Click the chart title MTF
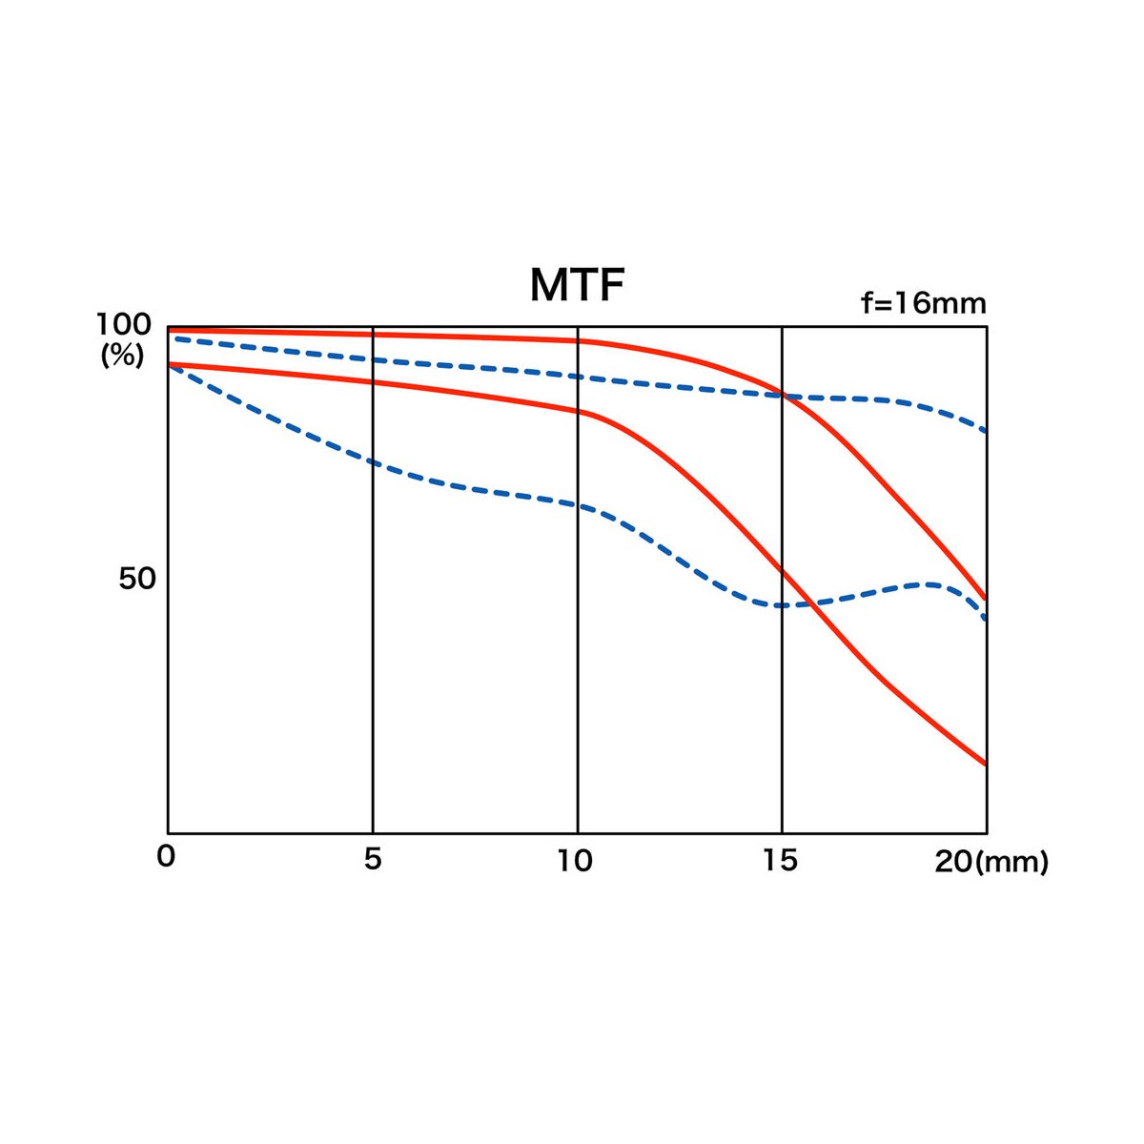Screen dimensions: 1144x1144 (x=577, y=285)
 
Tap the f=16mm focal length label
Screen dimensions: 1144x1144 (x=923, y=303)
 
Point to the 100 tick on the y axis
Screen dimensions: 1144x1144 (x=123, y=326)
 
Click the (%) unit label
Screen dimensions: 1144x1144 (x=123, y=356)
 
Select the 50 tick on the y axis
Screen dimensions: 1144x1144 (x=136, y=579)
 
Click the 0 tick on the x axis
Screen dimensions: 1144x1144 (x=166, y=856)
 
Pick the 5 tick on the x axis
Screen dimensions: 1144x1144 (x=372, y=859)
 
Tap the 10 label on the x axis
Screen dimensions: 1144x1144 (x=575, y=861)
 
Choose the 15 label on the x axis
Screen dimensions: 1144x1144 (x=780, y=860)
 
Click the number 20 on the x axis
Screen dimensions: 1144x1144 (x=951, y=862)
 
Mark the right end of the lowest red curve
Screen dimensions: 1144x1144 (x=985, y=764)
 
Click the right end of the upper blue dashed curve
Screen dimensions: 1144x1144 (x=985, y=431)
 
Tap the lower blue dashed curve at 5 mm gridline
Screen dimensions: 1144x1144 (x=373, y=462)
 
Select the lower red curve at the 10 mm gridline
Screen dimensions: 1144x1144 (x=578, y=411)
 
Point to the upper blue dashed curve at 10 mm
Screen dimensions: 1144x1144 (x=578, y=377)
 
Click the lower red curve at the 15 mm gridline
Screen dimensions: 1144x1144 (x=782, y=570)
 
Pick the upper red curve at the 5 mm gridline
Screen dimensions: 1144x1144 (x=373, y=335)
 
